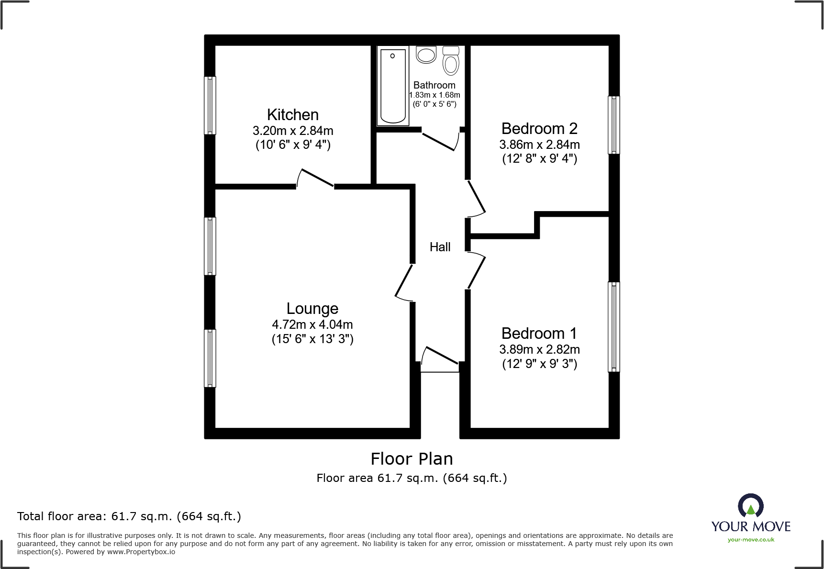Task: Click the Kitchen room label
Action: click(292, 115)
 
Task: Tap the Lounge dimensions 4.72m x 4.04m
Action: click(312, 324)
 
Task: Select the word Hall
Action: click(440, 247)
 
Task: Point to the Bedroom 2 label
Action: click(539, 129)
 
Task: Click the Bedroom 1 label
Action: click(539, 334)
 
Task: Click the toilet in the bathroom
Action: click(451, 61)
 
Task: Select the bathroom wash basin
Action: click(426, 55)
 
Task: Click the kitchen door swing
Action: click(316, 178)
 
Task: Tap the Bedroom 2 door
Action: click(477, 197)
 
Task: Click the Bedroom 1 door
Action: click(477, 271)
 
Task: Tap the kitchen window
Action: click(210, 105)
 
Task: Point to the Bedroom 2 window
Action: click(614, 125)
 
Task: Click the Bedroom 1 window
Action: click(614, 327)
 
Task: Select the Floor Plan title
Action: click(412, 459)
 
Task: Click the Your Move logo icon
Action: click(750, 506)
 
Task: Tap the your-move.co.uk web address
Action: click(751, 540)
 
